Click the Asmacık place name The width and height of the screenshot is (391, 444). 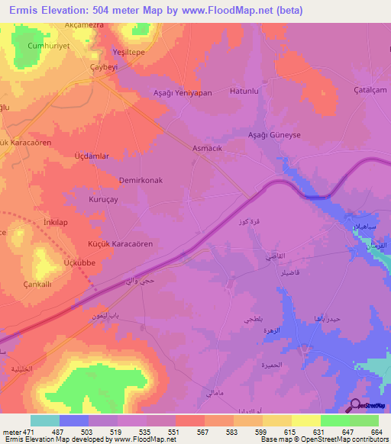pyautogui.click(x=206, y=150)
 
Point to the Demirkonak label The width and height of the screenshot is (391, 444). pyautogui.click(x=141, y=181)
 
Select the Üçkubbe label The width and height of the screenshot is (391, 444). pyautogui.click(x=79, y=262)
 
